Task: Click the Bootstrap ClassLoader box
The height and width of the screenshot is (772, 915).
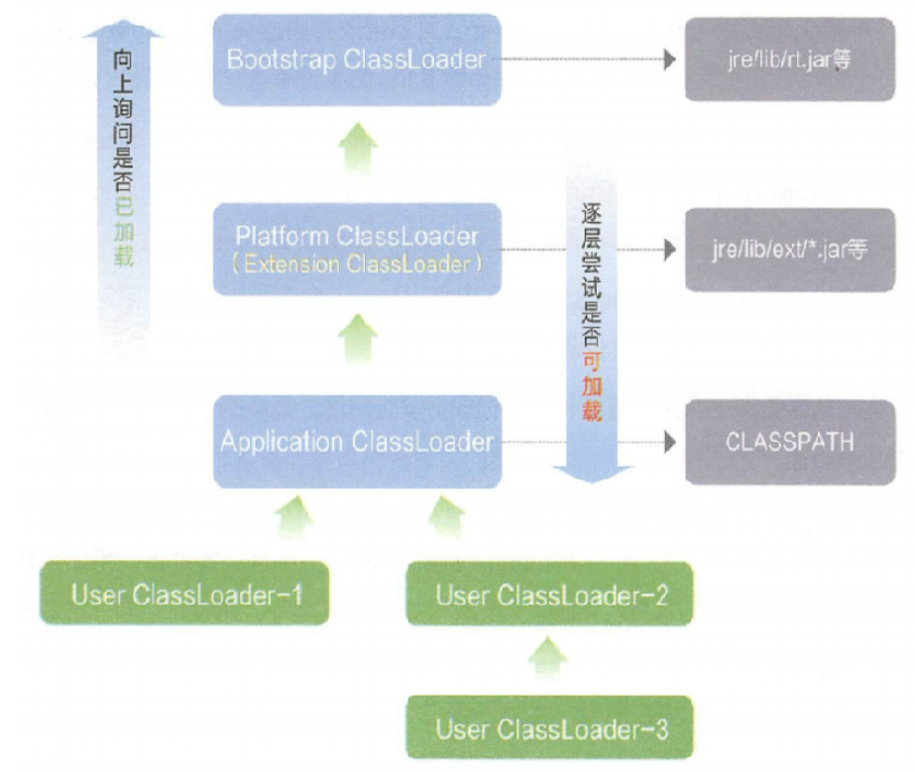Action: [x=357, y=59]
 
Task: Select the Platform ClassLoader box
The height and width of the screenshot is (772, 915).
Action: [x=357, y=249]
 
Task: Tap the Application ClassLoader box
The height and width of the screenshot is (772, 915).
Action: [x=357, y=441]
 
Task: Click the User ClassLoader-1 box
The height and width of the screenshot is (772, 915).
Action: [x=185, y=595]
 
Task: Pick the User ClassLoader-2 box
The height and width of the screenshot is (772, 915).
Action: [x=550, y=595]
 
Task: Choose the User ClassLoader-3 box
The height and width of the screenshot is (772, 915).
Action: [x=550, y=729]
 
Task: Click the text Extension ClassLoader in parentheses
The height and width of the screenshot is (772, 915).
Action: [x=357, y=265]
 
